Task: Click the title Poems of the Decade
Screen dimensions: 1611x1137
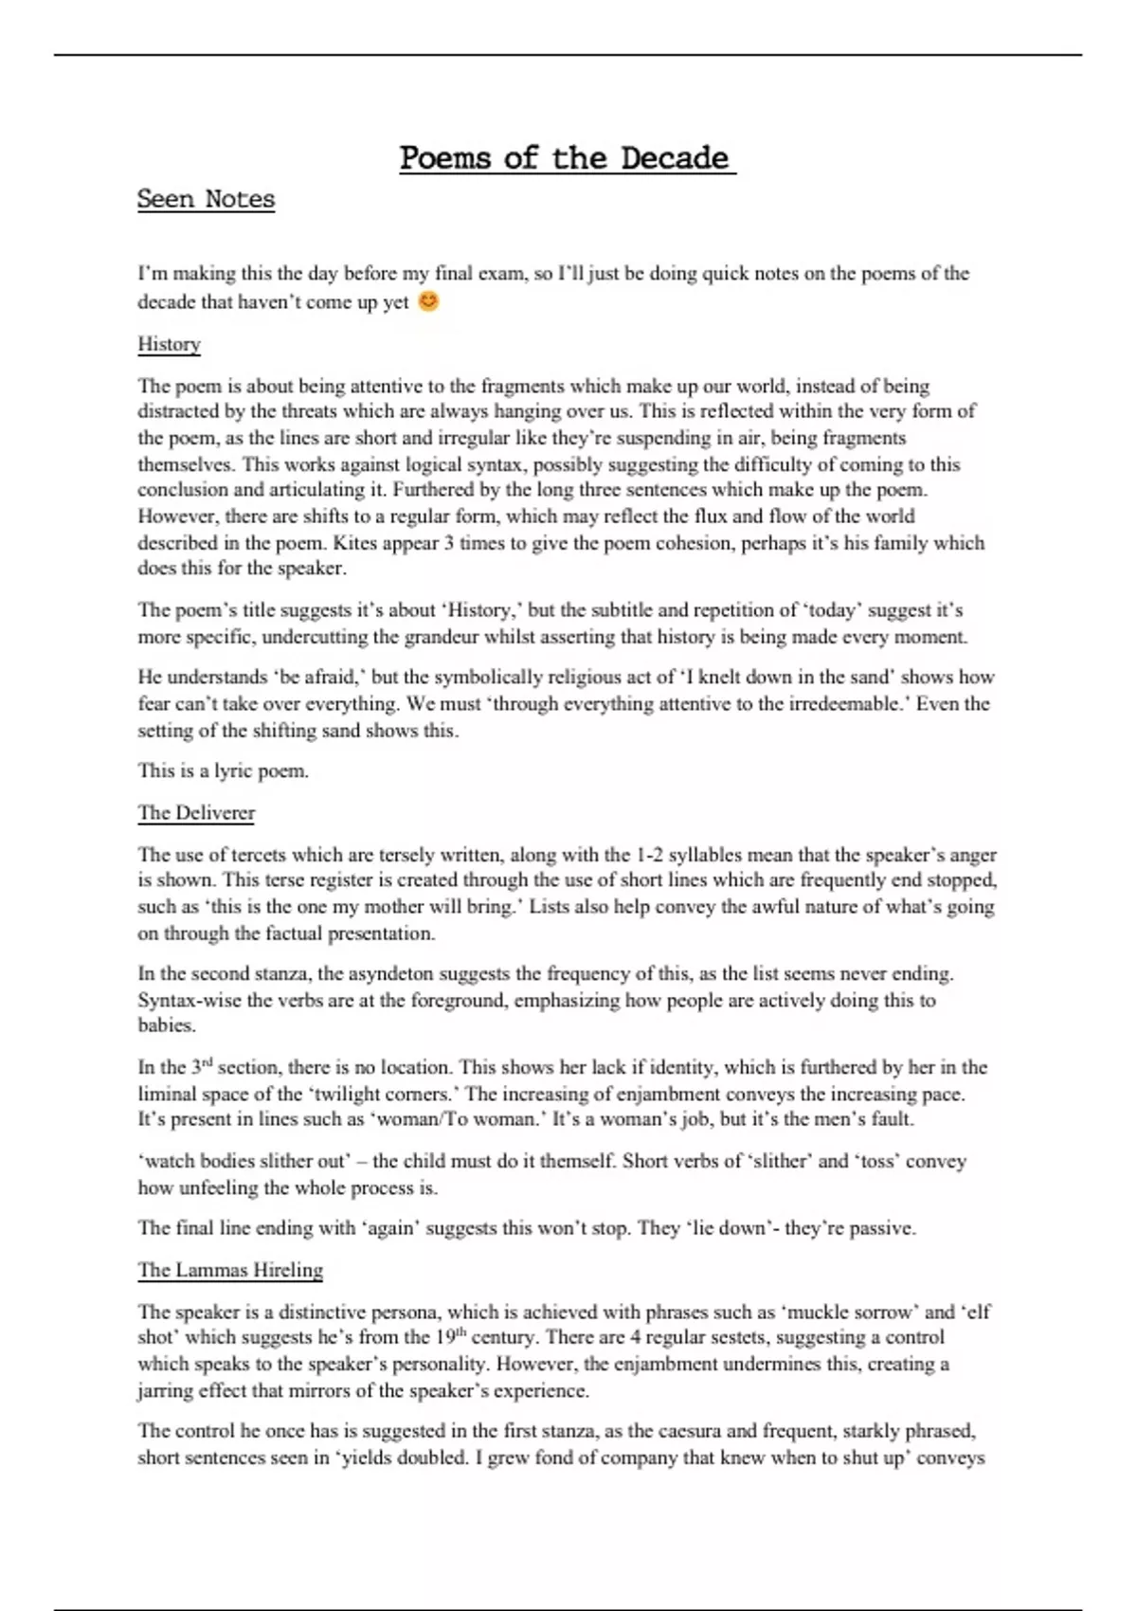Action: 567,157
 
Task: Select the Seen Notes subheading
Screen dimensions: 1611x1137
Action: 206,199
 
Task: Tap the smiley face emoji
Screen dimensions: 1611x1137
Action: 428,301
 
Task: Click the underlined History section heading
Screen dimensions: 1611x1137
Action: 169,344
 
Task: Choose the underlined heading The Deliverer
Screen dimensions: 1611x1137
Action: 196,813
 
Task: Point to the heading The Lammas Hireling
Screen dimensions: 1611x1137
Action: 230,1270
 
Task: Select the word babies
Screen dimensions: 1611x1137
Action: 167,1025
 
